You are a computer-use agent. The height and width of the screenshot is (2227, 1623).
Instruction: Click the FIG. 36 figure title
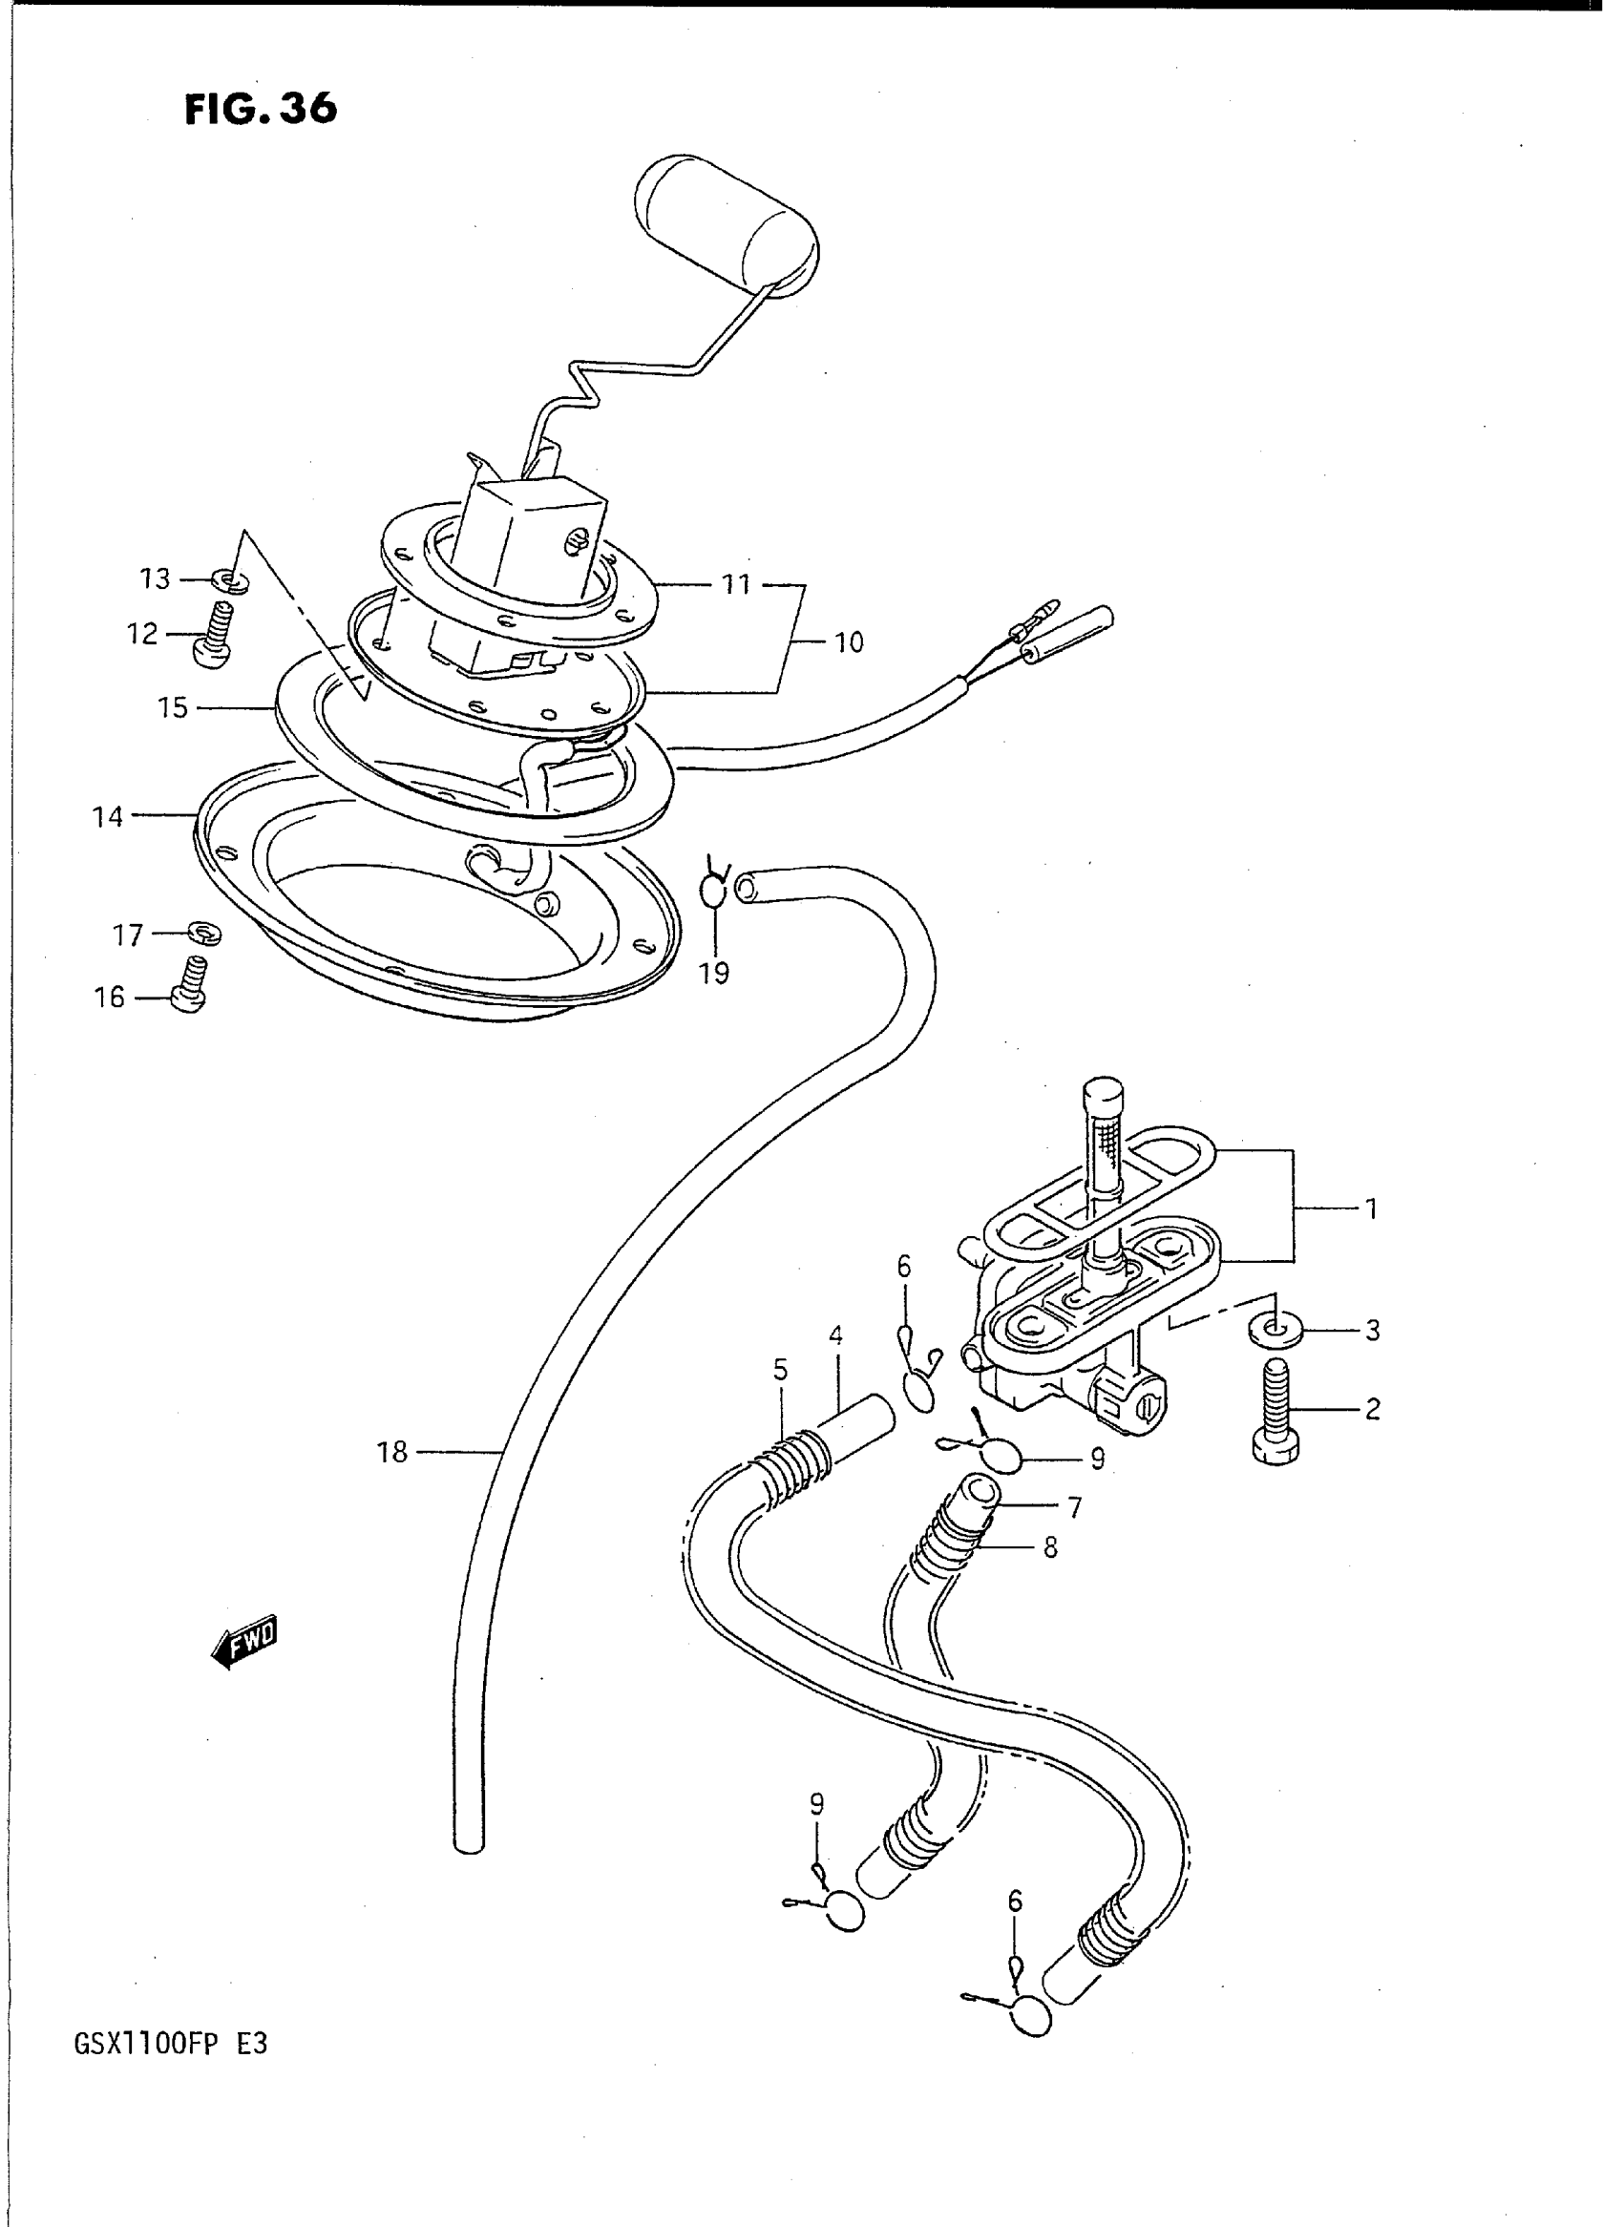(x=261, y=109)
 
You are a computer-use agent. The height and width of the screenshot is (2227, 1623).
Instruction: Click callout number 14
(x=108, y=816)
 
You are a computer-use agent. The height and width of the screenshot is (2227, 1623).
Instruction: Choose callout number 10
(x=848, y=642)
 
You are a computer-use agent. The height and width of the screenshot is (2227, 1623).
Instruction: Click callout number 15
(x=173, y=707)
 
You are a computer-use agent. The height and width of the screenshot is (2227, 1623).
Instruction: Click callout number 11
(x=737, y=584)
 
